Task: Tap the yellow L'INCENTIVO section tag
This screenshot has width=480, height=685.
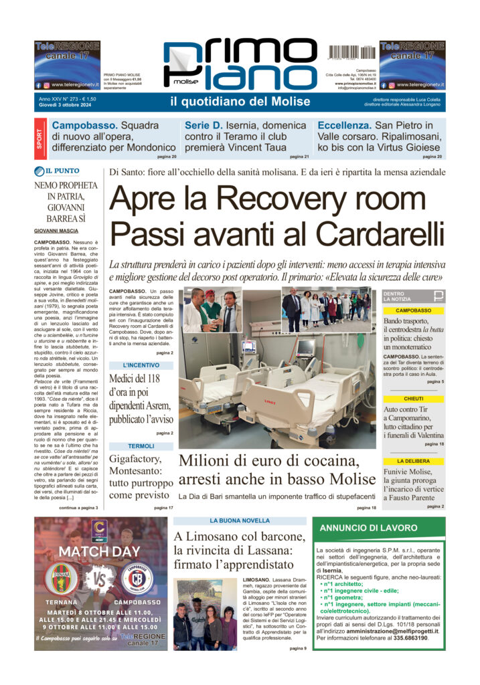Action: coord(141,365)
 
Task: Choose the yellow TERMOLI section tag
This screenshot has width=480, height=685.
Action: coord(141,446)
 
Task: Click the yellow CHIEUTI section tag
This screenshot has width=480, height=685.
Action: coord(422,399)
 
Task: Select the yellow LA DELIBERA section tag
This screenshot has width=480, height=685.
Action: coord(422,461)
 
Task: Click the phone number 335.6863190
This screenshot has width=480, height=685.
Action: coord(407,638)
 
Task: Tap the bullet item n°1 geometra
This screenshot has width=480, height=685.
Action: coord(347,597)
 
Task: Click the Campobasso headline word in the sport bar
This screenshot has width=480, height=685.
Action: coord(84,125)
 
